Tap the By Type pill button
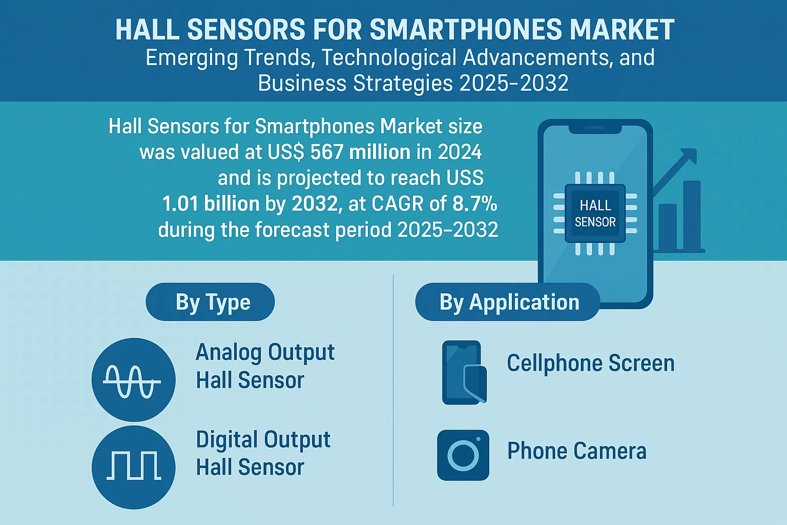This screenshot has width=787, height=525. [210, 301]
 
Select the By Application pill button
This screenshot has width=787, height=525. [508, 301]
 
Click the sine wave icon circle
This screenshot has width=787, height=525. [134, 380]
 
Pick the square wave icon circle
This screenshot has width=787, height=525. [134, 468]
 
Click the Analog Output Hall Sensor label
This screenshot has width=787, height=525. [265, 366]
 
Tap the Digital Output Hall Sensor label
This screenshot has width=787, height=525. [263, 453]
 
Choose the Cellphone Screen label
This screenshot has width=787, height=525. [591, 363]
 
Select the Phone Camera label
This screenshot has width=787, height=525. [576, 451]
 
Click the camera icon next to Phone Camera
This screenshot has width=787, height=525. [463, 455]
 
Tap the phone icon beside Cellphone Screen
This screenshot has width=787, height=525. [464, 372]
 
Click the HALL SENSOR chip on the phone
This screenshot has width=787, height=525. [595, 213]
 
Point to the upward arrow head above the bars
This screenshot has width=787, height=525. [690, 156]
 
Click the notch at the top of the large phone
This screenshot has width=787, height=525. [595, 129]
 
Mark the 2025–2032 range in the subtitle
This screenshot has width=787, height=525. [514, 84]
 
